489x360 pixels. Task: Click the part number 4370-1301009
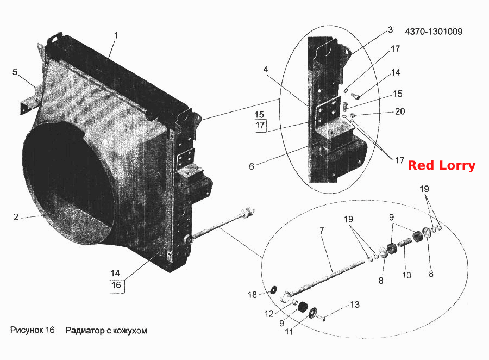coord(434,32)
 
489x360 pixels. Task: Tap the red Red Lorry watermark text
coord(442,165)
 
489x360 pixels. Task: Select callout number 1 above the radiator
coord(116,35)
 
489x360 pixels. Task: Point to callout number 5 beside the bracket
coord(15,72)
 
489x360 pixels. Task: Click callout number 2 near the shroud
coord(16,217)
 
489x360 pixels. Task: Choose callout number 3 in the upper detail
coord(390,30)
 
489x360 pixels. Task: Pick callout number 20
coord(400,111)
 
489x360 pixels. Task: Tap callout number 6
coord(252,166)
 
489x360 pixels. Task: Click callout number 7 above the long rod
coord(322,231)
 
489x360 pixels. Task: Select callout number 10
coord(406,275)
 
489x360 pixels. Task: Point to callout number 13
coord(355,305)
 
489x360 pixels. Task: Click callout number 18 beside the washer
coord(252,294)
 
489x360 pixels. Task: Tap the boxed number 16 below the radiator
coord(116,285)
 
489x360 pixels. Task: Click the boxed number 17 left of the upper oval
coord(260,126)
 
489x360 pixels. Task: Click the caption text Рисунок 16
coord(33,330)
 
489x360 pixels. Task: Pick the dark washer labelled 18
coord(274,290)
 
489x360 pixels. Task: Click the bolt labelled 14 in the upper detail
coord(355,96)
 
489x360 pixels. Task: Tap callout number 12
coord(269,314)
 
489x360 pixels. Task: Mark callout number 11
coord(289,332)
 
